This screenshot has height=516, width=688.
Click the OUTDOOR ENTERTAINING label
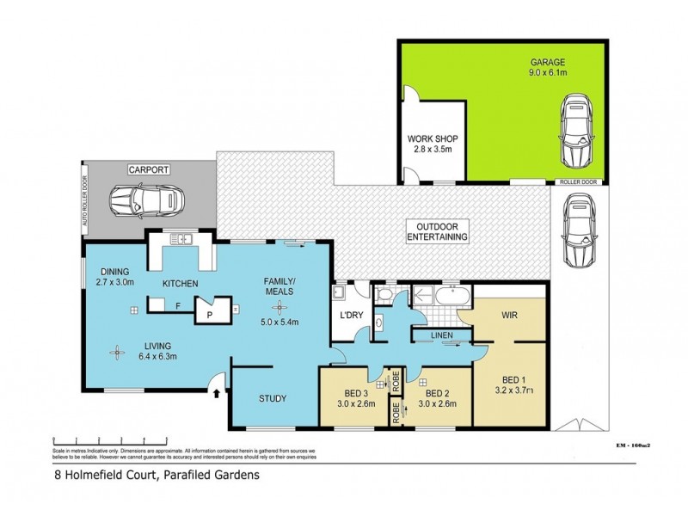click(437, 230)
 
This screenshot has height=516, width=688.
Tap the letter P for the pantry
click(208, 316)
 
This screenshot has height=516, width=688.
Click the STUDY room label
click(273, 398)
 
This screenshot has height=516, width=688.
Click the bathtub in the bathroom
click(450, 298)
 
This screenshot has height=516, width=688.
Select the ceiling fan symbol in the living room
click(115, 350)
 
